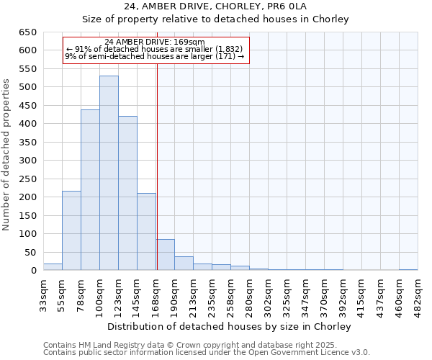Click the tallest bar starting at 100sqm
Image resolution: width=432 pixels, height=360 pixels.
109,173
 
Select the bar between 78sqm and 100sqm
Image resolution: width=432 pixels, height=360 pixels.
90,190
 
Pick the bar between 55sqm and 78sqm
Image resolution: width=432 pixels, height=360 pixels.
71,230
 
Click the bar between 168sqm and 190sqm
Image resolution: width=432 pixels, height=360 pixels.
165,255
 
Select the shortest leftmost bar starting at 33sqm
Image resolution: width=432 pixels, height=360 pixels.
53,267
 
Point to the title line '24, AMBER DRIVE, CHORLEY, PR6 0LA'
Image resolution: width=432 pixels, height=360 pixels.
215,6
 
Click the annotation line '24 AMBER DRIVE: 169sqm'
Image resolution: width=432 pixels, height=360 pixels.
155,42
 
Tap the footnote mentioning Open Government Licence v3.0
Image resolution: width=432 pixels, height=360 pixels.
206,353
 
